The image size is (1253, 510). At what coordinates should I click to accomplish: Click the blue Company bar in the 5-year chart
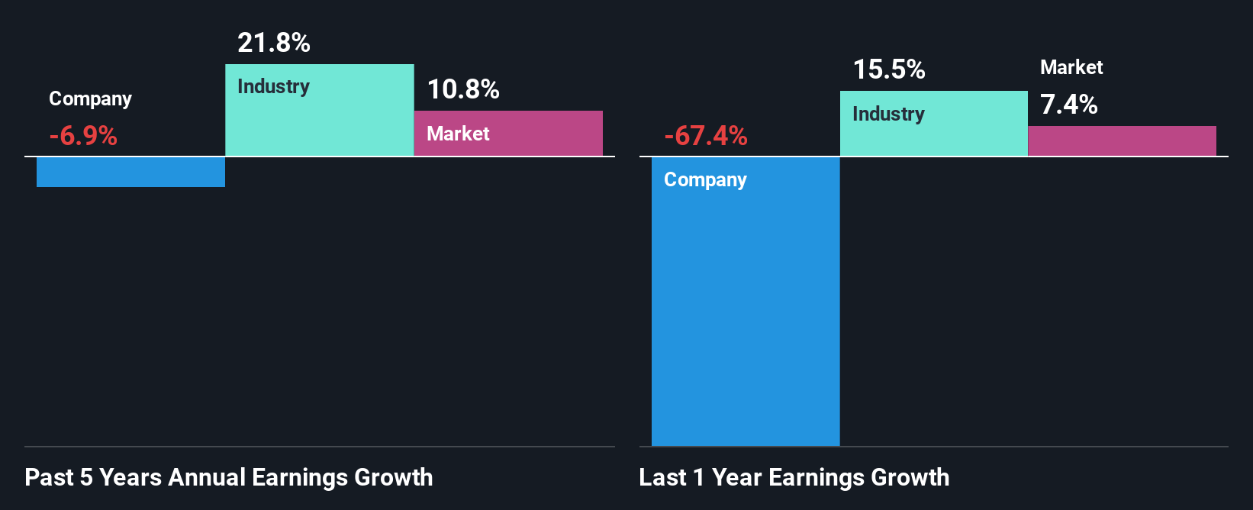pos(130,172)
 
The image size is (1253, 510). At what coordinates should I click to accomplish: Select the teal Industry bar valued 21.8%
pos(319,122)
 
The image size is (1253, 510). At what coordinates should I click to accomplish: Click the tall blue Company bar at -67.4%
pos(745,321)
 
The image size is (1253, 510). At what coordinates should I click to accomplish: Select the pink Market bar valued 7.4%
pos(1122,141)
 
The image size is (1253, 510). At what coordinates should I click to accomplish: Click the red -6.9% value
pos(83,136)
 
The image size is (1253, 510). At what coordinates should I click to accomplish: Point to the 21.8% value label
pos(274,43)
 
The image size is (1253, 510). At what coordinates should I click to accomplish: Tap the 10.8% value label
pos(463,89)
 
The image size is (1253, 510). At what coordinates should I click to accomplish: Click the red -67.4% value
pos(706,136)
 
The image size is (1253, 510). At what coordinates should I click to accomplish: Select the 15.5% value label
pos(889,69)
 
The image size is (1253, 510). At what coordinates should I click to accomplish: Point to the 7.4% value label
pos(1069,105)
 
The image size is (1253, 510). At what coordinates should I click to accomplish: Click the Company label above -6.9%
pos(90,99)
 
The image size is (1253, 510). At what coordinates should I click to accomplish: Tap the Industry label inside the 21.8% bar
pos(273,86)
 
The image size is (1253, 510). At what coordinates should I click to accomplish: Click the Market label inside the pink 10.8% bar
pos(458,134)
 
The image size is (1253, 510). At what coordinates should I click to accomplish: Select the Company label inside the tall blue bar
pos(705,180)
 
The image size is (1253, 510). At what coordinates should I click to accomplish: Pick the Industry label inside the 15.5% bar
pos(888,114)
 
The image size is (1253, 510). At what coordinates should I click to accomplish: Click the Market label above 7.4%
pos(1071,67)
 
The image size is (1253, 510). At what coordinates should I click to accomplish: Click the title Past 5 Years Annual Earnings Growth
pos(229,477)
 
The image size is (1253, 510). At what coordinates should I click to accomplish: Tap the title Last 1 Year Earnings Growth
pos(794,477)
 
